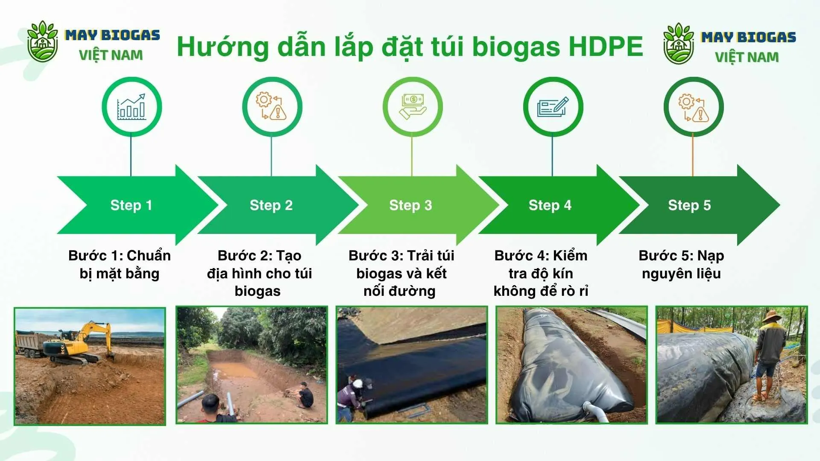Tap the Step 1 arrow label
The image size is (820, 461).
131,205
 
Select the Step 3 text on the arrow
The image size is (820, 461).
410,205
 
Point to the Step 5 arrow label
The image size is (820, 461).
689,205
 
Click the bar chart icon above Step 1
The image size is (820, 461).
132,107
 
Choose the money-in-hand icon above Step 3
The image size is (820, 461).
413,107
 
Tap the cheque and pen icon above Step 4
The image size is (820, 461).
553,107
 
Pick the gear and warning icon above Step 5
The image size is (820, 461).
694,108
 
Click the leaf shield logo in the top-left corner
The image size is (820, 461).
42,41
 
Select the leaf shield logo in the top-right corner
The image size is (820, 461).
679,44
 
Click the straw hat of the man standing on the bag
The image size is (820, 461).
771,316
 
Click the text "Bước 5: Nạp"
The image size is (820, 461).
681,256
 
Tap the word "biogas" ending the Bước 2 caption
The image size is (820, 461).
258,292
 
